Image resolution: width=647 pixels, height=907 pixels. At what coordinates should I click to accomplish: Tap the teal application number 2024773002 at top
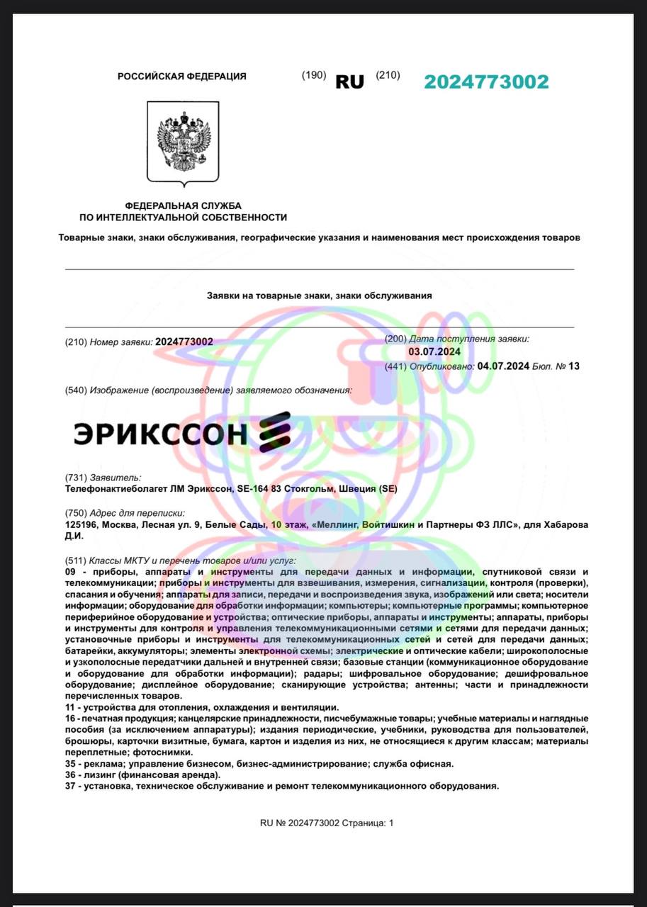click(486, 81)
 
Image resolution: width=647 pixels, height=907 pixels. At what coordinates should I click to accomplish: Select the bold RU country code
click(349, 82)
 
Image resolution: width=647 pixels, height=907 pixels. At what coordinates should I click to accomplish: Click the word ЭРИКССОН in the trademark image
click(160, 432)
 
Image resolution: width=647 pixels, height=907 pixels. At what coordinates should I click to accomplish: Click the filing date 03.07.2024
click(434, 352)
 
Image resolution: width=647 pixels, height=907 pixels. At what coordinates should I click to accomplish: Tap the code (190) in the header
click(314, 76)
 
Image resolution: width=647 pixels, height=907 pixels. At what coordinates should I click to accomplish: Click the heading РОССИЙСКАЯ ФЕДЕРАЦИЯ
click(182, 77)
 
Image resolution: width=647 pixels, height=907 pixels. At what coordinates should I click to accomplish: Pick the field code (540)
click(76, 390)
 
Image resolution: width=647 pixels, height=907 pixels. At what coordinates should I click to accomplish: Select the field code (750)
click(76, 513)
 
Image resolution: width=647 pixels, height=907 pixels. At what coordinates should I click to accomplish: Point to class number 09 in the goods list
click(70, 572)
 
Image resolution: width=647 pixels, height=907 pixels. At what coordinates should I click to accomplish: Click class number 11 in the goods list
click(69, 708)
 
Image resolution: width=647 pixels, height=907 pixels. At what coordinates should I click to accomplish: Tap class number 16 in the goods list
click(69, 719)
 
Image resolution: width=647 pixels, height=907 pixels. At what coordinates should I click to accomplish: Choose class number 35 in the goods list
click(69, 764)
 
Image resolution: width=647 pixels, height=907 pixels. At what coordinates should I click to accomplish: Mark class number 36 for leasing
click(69, 774)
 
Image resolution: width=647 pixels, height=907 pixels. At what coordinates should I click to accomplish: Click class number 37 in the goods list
click(69, 786)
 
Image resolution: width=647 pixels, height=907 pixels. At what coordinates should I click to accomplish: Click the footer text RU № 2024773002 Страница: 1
click(326, 823)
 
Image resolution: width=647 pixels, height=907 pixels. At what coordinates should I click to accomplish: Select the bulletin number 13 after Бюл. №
click(574, 366)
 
